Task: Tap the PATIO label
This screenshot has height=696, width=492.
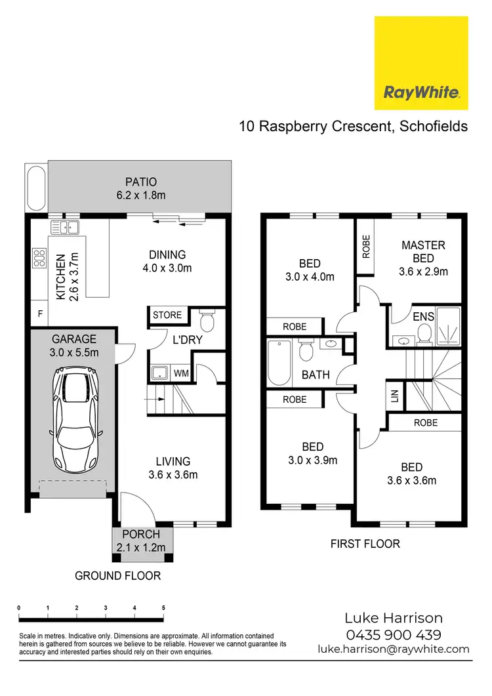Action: [x=141, y=182]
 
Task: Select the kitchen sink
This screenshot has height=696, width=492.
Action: [x=64, y=227]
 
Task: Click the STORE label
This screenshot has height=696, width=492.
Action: [x=167, y=315]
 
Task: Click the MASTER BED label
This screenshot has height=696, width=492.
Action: [x=423, y=252]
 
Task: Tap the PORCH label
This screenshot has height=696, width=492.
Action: [x=141, y=535]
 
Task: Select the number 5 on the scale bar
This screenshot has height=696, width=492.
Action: [x=163, y=608]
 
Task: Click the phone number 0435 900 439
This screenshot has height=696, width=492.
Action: [x=394, y=634]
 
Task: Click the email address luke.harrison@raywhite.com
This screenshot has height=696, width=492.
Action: [x=394, y=649]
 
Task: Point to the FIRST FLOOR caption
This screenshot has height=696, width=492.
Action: [x=365, y=543]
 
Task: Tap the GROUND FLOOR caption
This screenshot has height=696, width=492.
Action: [x=117, y=576]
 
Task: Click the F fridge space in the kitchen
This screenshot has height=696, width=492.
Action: [x=40, y=314]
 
